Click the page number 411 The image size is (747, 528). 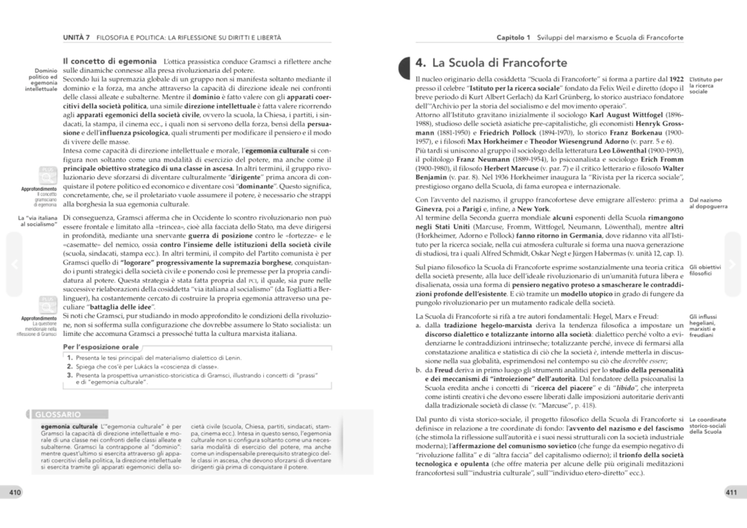click(x=731, y=493)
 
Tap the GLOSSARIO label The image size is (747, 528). click(x=58, y=413)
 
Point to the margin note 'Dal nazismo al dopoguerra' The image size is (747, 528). click(x=708, y=203)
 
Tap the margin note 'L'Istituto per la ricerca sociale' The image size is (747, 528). click(x=706, y=85)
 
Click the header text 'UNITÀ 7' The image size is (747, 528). click(x=77, y=38)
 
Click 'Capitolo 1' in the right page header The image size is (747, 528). click(x=513, y=38)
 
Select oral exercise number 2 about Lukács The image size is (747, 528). click(x=123, y=368)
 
